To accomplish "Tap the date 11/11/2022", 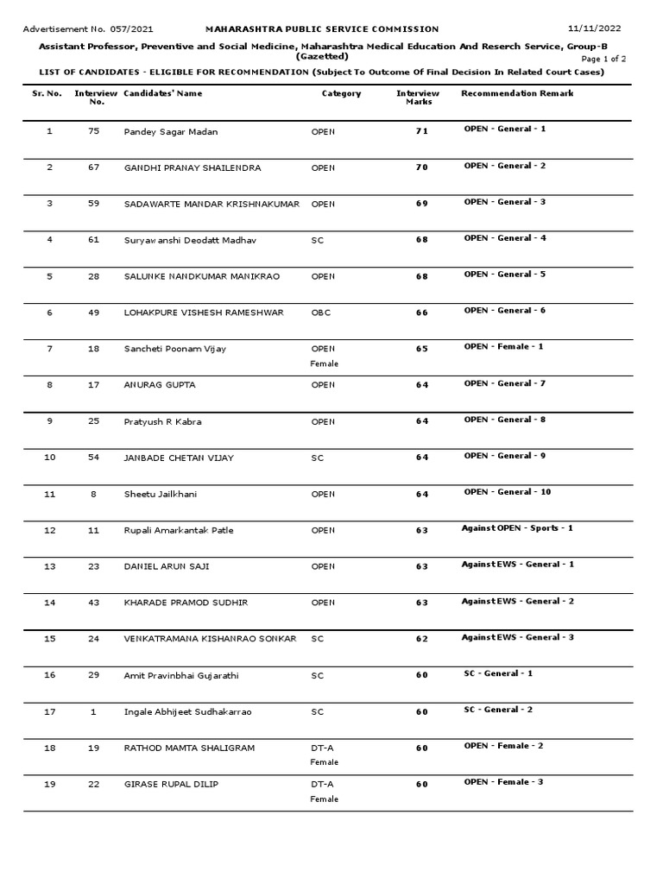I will [600, 29].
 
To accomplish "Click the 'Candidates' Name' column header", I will [163, 93].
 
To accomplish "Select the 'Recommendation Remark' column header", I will [517, 93].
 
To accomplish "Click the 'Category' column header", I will [341, 93].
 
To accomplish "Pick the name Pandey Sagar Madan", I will [171, 132].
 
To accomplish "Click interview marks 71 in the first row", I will [421, 132].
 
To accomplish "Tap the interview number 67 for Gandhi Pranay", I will [93, 167].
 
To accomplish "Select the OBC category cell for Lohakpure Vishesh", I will [320, 313].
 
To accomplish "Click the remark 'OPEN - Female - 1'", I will [504, 347].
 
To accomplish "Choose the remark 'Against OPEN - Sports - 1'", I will [517, 527].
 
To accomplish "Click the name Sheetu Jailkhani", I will [159, 495].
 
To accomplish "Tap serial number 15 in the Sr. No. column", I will [49, 639].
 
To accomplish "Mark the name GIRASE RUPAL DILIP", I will [171, 784].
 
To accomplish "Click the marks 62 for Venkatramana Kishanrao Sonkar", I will [421, 640].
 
